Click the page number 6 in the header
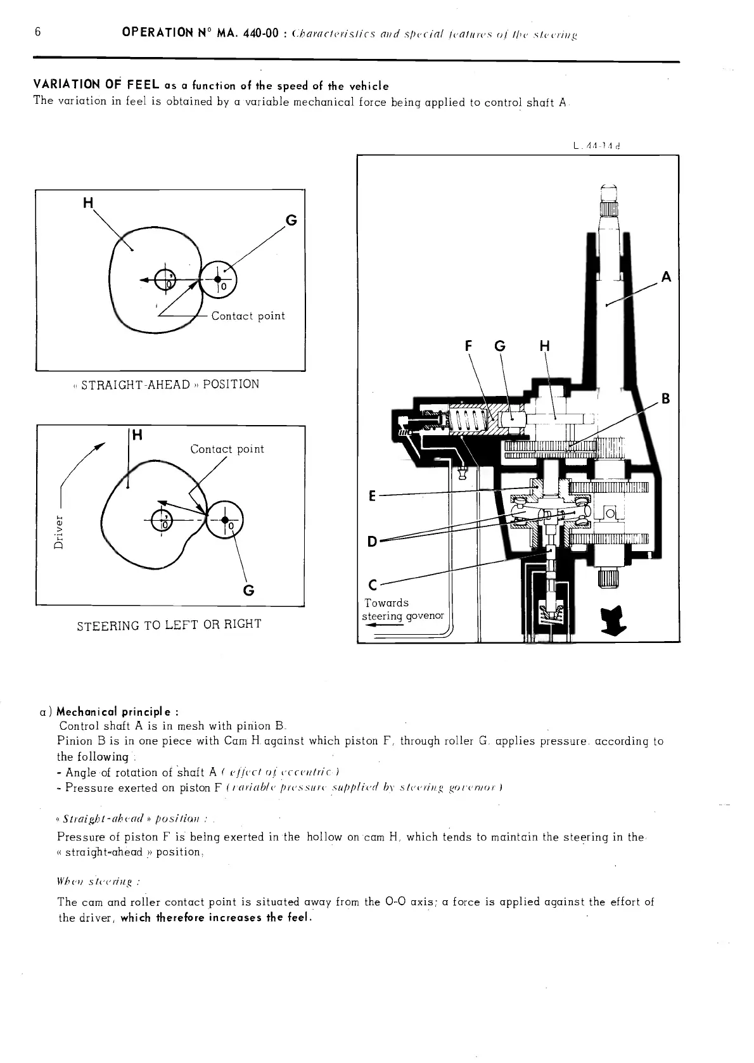pos(38,32)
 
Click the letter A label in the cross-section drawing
pos(665,277)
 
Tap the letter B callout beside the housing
pos(665,398)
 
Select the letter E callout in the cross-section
pos(373,495)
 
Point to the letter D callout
pos(373,542)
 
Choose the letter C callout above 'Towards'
pos(373,585)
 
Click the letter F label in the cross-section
pos(469,346)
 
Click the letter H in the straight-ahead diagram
pos(88,203)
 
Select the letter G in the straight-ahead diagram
pos(291,220)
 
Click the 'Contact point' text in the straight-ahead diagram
pos(248,315)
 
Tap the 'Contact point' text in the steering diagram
pos(227,449)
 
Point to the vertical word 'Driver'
pos(59,532)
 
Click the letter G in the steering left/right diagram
pos(249,590)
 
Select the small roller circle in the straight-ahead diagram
pos(218,279)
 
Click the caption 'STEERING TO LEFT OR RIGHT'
pos(169,625)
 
